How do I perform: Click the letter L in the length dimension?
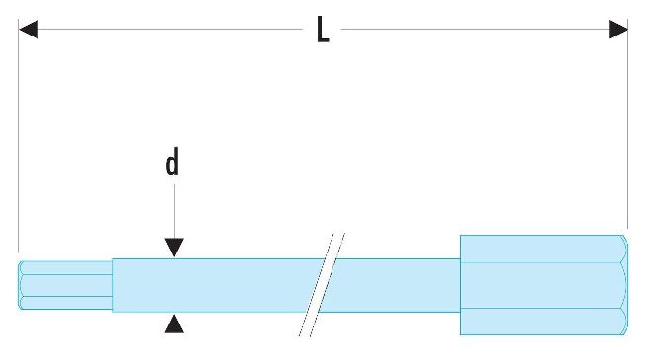point(323,30)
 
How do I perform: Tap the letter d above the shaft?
point(172,162)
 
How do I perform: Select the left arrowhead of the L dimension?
point(29,30)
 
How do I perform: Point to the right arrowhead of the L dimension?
point(619,30)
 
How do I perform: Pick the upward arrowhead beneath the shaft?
point(174,324)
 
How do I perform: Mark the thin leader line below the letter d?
point(174,211)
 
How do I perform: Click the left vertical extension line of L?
point(18,135)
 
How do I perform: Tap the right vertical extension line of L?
point(628,123)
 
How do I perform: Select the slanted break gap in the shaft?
point(322,285)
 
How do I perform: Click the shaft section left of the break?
point(215,285)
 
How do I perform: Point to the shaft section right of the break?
point(393,285)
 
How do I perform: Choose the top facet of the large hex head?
point(543,249)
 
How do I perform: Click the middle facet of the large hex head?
point(543,285)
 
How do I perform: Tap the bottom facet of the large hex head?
point(543,322)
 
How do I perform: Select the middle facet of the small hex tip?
point(66,285)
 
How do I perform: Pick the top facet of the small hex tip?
point(66,268)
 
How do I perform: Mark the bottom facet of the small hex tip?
point(66,303)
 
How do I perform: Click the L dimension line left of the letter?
point(171,30)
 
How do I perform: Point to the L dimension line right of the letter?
point(476,30)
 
